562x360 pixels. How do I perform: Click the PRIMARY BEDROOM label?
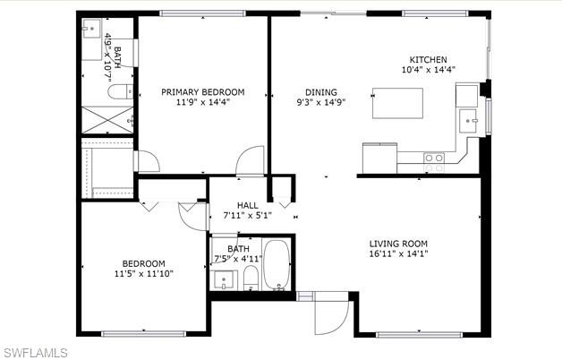[x=202, y=91]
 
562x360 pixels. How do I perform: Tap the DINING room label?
[x=321, y=91]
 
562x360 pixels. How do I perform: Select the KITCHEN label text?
[x=429, y=59]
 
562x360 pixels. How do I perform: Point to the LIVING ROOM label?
[x=399, y=243]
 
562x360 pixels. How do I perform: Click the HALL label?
[x=247, y=205]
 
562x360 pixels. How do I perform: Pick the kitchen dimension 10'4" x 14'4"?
[x=429, y=70]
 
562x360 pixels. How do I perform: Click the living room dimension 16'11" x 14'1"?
[x=399, y=253]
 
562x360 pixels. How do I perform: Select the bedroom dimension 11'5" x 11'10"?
[x=143, y=273]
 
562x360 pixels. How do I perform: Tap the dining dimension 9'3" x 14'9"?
[x=321, y=102]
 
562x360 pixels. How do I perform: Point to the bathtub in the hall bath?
[x=277, y=265]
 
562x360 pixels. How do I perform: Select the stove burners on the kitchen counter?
[x=434, y=161]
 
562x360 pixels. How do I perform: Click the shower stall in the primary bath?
[x=106, y=119]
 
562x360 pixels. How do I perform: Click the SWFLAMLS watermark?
[x=34, y=351]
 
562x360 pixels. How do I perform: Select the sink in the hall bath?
[x=223, y=279]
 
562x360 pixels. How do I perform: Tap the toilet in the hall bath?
[x=251, y=278]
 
